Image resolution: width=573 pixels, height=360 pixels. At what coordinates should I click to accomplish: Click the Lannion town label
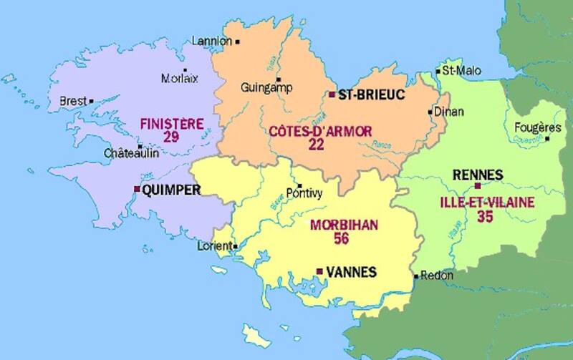pos(211,41)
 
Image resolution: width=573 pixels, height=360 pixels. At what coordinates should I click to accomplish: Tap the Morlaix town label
pos(180,79)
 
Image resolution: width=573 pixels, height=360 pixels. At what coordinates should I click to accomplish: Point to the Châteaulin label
pos(131,153)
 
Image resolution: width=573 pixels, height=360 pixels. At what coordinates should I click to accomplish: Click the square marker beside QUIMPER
pos(137,189)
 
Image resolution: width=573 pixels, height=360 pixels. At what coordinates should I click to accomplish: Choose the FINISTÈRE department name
pos(171,123)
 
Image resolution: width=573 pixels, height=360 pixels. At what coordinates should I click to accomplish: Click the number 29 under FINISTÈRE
pos(170,137)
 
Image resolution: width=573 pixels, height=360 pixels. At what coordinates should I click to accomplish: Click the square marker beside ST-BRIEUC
pos(332,94)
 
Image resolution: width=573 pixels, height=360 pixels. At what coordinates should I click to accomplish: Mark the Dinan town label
pos(449,112)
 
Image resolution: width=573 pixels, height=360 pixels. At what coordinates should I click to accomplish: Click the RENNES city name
pos(478,175)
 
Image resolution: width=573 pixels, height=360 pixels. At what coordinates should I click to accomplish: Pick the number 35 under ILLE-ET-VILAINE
pos(484,216)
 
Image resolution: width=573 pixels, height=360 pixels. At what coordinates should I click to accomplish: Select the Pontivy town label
pos(304,193)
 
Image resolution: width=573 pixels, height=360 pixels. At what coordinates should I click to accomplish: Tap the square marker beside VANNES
pos(319,271)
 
